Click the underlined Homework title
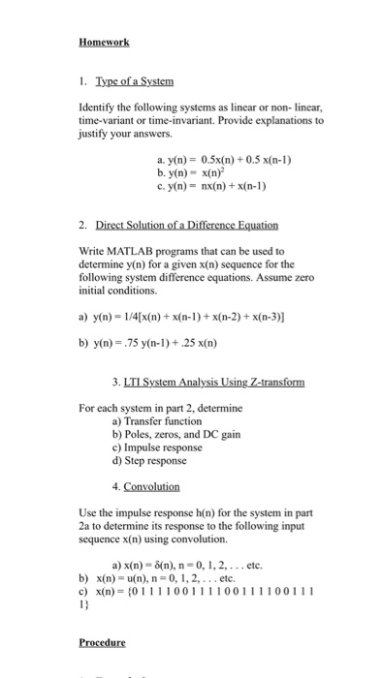104,43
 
